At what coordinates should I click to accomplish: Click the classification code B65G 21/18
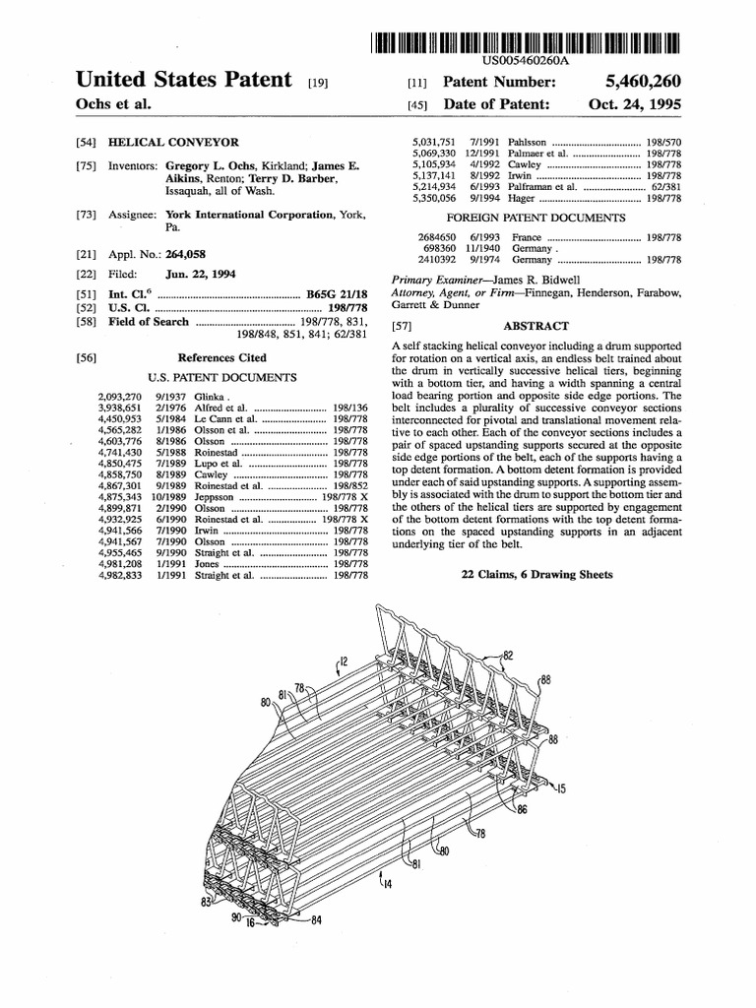[338, 294]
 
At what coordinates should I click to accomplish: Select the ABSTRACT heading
[535, 326]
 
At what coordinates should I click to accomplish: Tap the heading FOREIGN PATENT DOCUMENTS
[535, 217]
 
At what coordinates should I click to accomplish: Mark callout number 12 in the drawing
[344, 661]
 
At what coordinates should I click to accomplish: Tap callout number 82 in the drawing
[508, 655]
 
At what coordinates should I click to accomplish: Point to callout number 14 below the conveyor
[387, 884]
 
